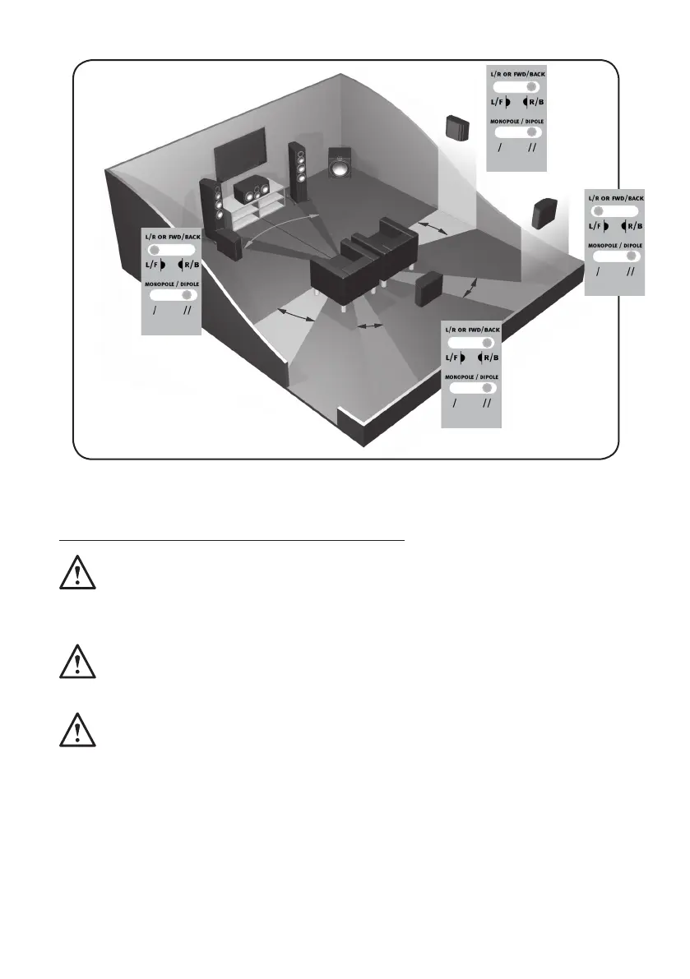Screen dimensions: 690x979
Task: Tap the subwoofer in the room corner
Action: [x=338, y=167]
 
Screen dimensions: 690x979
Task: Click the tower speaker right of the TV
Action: [x=299, y=170]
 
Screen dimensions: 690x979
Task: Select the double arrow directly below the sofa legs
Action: [x=373, y=326]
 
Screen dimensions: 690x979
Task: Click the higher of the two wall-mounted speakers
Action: [x=457, y=127]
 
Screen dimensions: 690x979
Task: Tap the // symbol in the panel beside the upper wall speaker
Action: [x=532, y=149]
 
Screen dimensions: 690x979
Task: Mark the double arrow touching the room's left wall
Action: [x=297, y=314]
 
